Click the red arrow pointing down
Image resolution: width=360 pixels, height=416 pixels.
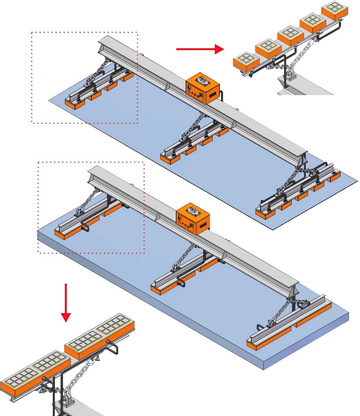pos(66,302)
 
